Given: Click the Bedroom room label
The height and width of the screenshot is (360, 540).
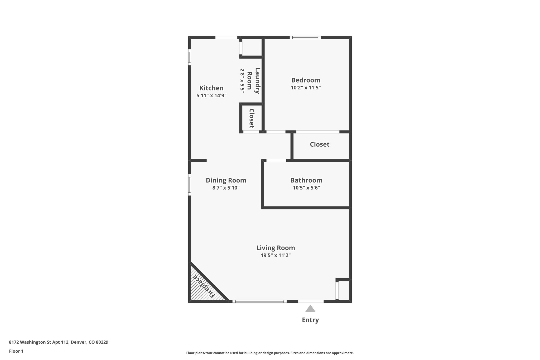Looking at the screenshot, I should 306,80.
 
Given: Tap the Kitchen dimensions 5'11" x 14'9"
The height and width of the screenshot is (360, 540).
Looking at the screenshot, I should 211,95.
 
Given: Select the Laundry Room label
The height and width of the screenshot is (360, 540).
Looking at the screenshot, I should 254,81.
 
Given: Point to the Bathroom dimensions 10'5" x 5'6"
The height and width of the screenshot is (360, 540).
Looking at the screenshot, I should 306,188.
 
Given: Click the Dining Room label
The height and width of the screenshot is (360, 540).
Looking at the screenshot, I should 226,180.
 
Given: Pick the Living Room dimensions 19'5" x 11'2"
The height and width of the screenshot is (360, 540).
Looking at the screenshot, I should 276,255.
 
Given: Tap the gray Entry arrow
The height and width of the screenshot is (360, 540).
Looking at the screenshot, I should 310,309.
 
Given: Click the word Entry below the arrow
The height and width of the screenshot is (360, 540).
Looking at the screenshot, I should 310,320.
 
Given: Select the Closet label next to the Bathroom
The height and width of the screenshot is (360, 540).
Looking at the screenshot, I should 320,144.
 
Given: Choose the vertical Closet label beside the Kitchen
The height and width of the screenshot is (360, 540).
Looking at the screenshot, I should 252,118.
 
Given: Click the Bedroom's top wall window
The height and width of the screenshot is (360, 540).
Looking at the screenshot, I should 305,37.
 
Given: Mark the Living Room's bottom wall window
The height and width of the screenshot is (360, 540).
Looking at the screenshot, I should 259,301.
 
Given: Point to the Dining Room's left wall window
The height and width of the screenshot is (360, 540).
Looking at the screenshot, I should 189,185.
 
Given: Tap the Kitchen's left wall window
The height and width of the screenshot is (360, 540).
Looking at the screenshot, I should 189,57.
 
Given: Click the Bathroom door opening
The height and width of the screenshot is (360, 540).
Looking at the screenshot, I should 276,160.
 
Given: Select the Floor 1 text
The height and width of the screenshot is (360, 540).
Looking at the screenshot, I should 16,351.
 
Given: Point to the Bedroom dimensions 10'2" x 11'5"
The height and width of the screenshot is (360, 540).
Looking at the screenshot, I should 306,88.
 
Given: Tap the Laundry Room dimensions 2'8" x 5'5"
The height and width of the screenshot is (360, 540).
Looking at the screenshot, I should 242,80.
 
